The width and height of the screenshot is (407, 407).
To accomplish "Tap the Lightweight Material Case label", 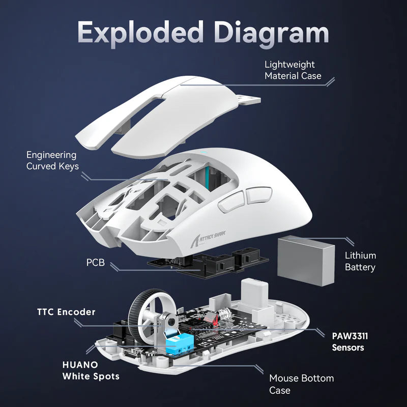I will pos(293,70).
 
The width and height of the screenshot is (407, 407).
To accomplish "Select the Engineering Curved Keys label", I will pos(52,161).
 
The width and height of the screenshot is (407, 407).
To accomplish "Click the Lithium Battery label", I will pos(360,261).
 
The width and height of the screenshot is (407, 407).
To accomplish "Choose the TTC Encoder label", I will pos(66,311).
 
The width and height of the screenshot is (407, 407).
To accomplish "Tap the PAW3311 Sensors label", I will pos(348,342).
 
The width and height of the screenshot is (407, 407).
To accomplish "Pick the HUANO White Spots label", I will pos(91,371).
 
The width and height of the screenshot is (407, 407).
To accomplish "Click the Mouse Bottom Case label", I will pos(301,385).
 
